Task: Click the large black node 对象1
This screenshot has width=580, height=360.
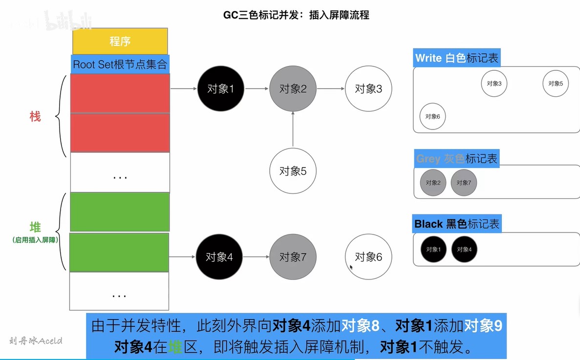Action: (x=221, y=89)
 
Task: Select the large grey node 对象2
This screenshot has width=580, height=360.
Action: (x=293, y=89)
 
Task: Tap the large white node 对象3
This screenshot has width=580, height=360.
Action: (x=368, y=89)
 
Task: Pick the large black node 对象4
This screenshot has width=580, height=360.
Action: (x=219, y=257)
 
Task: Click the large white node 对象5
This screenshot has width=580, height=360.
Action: (x=293, y=171)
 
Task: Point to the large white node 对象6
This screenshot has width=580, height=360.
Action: (x=368, y=257)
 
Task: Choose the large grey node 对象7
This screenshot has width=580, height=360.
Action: (x=293, y=257)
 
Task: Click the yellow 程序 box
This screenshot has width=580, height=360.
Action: (x=120, y=41)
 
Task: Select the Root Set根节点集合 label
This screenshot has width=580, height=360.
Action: (x=120, y=64)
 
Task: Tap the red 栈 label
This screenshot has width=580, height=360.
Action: (x=35, y=116)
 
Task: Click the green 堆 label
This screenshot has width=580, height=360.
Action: (x=35, y=227)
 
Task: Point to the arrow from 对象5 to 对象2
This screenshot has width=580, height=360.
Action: (x=293, y=129)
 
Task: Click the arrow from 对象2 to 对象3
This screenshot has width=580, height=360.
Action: (x=331, y=89)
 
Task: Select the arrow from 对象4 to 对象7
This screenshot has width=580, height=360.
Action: (x=257, y=257)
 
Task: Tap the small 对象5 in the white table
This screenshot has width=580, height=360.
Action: (x=556, y=84)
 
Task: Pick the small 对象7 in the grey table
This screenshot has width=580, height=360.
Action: (x=464, y=183)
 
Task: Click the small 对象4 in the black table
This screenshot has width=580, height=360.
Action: (x=464, y=250)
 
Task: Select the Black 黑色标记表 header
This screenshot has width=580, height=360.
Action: (x=457, y=224)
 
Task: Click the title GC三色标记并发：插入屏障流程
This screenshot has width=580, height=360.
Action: (x=296, y=15)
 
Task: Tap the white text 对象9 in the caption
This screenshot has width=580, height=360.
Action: (x=483, y=326)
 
